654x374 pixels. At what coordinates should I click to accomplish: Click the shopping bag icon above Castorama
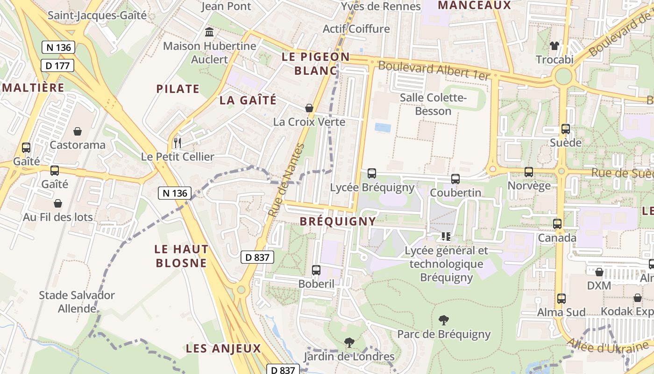click(x=77, y=131)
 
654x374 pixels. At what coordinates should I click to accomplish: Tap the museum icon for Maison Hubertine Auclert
click(x=210, y=33)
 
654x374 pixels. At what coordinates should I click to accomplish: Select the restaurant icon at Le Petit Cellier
click(x=177, y=143)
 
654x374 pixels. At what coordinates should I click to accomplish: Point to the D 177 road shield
click(x=58, y=65)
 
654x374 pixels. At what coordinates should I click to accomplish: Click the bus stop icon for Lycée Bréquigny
click(x=372, y=173)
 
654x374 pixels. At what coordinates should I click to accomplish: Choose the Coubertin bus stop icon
click(x=455, y=179)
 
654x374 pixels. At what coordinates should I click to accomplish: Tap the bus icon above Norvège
click(x=529, y=172)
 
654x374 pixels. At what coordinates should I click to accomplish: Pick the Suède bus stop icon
click(x=566, y=129)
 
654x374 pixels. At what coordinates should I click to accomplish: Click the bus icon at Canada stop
click(x=557, y=224)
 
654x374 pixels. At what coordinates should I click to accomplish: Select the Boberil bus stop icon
click(x=316, y=270)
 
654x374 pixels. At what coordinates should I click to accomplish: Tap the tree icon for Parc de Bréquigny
click(x=444, y=320)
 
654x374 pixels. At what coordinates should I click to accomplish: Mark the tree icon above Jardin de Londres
click(x=349, y=343)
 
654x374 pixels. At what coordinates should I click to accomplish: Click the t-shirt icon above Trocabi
click(x=554, y=46)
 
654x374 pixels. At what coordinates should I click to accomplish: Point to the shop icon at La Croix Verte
click(x=309, y=108)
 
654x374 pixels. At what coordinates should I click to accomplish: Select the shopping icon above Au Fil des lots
click(x=58, y=203)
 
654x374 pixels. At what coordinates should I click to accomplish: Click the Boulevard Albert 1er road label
click(x=434, y=71)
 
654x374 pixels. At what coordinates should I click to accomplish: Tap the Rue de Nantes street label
click(x=286, y=180)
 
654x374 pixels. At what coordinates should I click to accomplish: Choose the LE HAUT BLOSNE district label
click(x=182, y=256)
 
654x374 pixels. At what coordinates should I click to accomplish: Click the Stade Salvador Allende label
click(x=77, y=302)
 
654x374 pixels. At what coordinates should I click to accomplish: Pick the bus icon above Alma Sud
click(x=561, y=298)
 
